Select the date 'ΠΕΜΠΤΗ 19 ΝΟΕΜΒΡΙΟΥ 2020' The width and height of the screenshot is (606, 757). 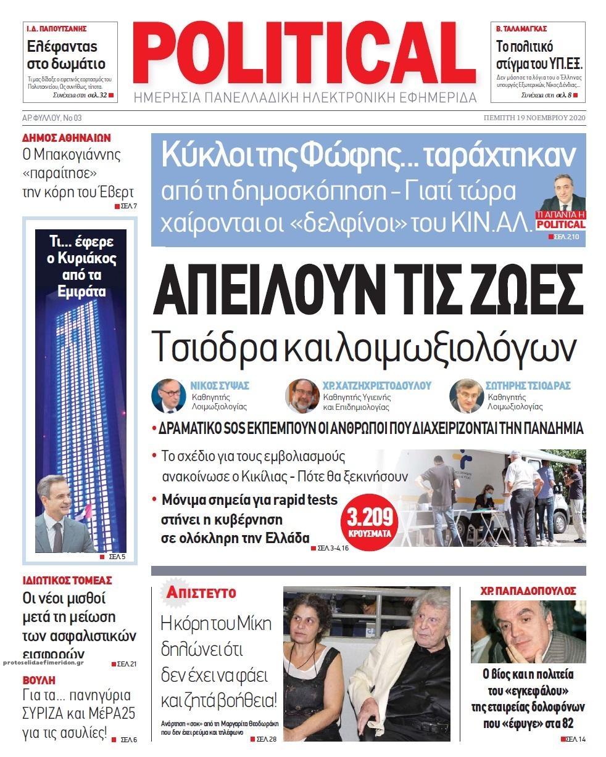534,118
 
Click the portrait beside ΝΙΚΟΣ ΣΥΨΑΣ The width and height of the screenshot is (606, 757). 168,396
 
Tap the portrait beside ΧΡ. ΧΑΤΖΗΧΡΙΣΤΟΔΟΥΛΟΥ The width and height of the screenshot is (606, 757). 302,396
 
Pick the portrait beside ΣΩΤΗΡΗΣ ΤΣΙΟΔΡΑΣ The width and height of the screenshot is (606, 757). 466,396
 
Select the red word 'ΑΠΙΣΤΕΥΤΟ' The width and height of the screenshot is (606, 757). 201,593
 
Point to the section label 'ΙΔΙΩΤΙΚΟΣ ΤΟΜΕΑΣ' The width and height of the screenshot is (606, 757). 67,581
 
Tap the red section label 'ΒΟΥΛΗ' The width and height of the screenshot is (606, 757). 39,681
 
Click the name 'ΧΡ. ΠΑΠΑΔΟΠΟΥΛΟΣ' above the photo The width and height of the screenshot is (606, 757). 528,591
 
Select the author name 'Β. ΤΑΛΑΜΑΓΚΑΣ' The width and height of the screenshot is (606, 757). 522,29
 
